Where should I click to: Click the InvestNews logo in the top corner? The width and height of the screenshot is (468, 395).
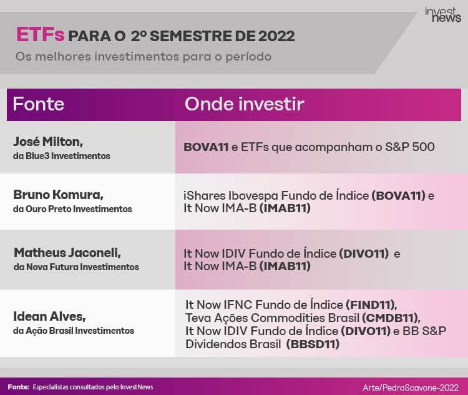point(443,15)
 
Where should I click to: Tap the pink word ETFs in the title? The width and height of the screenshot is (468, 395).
point(40,35)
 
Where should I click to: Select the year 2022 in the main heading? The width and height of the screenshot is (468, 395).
point(276,36)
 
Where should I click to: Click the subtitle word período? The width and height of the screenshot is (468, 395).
point(248,56)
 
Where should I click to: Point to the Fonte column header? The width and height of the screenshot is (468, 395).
point(39,104)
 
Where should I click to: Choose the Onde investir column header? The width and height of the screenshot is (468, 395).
point(244,104)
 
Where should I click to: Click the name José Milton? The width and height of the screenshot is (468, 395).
point(48,142)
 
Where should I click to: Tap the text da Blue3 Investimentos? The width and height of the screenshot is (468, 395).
point(62,156)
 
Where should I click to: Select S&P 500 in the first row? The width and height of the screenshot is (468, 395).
point(410,147)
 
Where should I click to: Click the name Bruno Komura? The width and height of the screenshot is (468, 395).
point(58,195)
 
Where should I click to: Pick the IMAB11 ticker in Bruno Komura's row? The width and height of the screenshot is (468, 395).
point(285,208)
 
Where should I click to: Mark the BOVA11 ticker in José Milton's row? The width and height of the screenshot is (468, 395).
point(206,147)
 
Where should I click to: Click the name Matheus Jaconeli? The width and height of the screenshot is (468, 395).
point(67,253)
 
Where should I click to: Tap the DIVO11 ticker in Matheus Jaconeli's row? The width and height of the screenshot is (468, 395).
point(364,254)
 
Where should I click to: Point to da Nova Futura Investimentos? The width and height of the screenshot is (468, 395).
point(76,267)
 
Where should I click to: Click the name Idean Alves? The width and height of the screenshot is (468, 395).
point(49,316)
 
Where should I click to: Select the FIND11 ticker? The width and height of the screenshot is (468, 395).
point(372,305)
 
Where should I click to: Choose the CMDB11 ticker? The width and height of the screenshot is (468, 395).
point(391,318)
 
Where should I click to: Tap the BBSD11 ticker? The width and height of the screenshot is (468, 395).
point(313,344)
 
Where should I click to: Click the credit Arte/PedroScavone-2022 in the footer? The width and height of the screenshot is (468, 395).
point(411,388)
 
